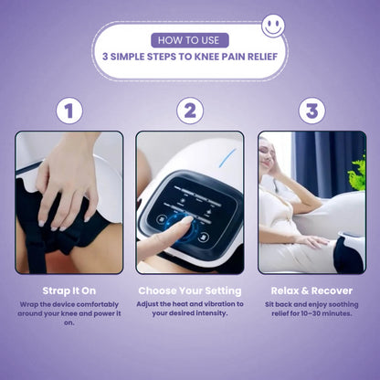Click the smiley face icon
click(x=273, y=25)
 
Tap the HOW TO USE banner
click(x=189, y=39)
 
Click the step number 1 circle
click(x=69, y=111)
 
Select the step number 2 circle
click(x=189, y=111)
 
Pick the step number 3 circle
click(x=311, y=111)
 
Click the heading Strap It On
click(x=69, y=290)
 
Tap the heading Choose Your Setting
click(x=189, y=290)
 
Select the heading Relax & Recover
click(x=311, y=290)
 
